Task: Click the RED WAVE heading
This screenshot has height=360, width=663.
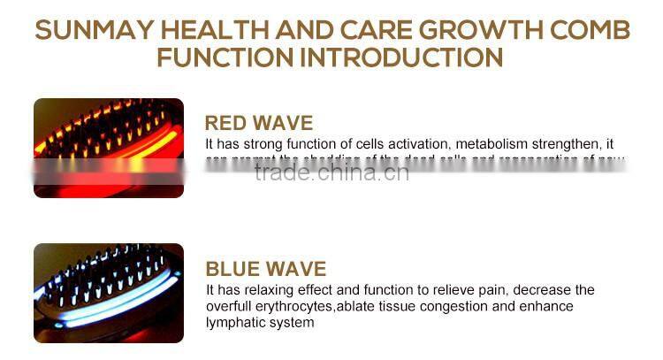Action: [259, 123]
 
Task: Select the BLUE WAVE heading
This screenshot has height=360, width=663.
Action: [265, 269]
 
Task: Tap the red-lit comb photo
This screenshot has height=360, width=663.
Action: [109, 147]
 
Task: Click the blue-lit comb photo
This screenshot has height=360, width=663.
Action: [109, 293]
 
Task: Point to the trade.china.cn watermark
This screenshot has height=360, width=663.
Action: [331, 172]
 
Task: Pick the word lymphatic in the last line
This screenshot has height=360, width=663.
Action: [232, 322]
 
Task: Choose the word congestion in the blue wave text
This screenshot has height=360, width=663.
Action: [454, 306]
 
